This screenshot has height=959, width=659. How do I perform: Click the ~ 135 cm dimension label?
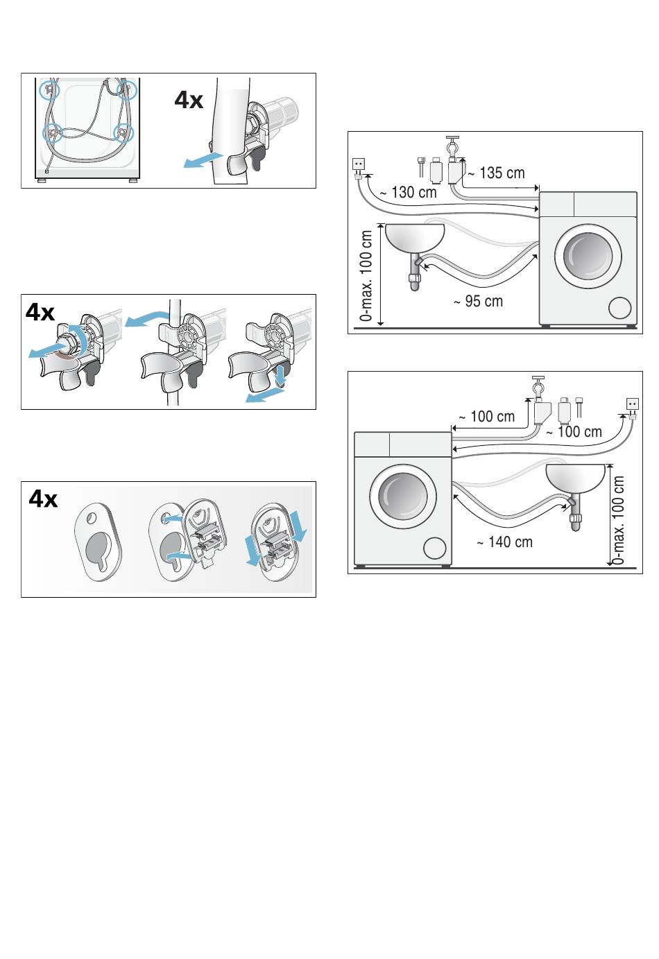coord(496,173)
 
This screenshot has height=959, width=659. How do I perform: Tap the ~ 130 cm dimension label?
coord(408,192)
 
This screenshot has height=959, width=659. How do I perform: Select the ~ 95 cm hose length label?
coord(479,302)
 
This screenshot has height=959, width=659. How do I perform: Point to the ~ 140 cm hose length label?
coord(505,542)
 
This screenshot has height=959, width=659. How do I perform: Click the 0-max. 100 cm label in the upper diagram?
coord(366,276)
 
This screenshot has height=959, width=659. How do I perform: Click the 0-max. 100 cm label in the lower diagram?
coord(618,520)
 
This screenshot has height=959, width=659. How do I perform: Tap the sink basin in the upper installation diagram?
coord(415,239)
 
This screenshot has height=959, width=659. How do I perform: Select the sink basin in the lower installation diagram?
coord(575,478)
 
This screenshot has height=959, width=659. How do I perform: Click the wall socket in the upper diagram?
coord(359,164)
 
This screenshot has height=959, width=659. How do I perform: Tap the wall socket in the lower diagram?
coord(633,404)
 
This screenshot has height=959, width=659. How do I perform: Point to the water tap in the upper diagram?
coord(452,147)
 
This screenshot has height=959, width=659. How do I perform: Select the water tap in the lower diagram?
coord(539,387)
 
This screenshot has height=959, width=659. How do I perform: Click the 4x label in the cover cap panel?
coord(43,499)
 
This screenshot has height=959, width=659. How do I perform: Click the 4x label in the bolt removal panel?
coord(40,312)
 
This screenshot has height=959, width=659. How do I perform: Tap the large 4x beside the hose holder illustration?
coord(189,100)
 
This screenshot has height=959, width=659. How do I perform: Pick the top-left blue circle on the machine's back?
coord(49,90)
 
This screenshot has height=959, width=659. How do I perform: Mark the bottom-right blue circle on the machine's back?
coord(123,133)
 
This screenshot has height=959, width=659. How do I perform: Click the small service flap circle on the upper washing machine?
coord(619,308)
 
